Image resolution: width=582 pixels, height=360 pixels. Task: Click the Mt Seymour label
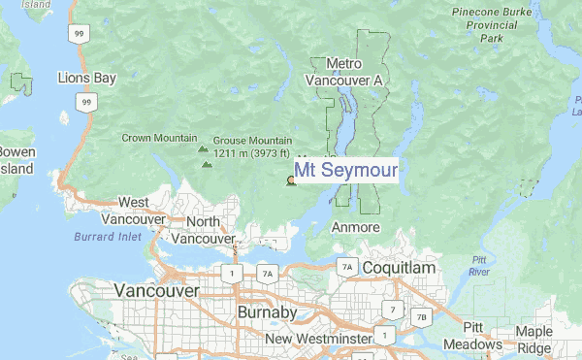345,170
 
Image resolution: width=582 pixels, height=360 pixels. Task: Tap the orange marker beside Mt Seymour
290,180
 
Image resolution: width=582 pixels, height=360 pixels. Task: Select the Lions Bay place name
86,77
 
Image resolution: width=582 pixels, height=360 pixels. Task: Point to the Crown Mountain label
159,138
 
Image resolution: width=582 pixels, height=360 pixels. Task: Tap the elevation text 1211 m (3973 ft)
251,152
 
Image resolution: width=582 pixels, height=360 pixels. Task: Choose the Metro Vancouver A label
344,72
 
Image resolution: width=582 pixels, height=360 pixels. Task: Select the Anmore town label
349,226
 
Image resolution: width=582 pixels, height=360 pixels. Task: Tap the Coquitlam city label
400,266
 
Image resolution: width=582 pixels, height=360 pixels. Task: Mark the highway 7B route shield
420,316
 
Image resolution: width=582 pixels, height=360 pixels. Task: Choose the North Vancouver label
204,229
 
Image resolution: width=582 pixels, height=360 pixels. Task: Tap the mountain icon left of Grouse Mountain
202,149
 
